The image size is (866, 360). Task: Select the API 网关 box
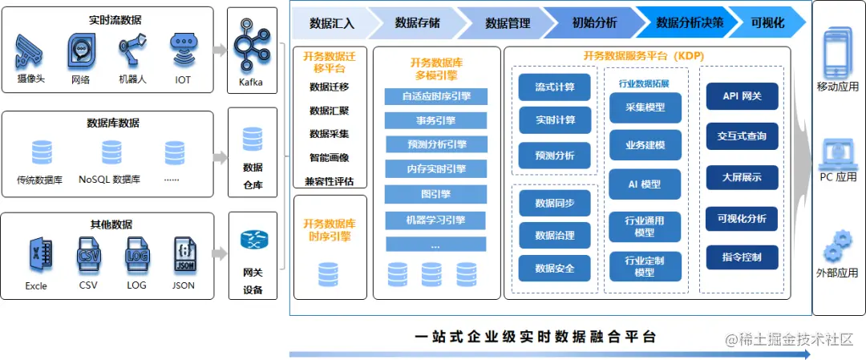[x=742, y=96]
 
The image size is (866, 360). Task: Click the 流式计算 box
[x=554, y=87]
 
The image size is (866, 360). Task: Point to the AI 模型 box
[x=645, y=184]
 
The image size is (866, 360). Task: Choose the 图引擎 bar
[x=435, y=194]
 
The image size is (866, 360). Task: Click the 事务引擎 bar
[x=435, y=120]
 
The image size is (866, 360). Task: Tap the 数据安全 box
[x=554, y=268]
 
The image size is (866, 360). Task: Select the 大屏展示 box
[x=742, y=177]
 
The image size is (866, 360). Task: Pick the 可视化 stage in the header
[x=767, y=23]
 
